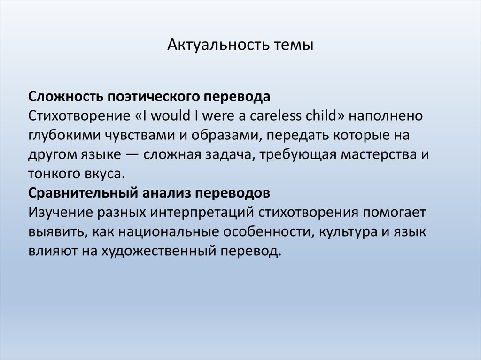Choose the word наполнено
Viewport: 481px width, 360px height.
tap(397, 116)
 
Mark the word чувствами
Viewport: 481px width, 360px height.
tap(141, 135)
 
